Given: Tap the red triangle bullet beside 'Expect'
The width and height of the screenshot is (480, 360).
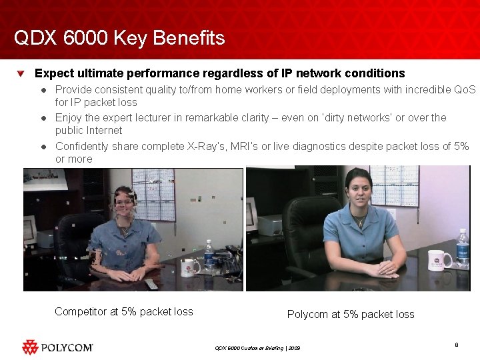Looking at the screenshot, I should coord(22,73).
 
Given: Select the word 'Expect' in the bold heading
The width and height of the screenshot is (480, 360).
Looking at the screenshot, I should coord(54,73).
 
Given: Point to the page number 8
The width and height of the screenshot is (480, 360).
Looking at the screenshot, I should coord(456,345).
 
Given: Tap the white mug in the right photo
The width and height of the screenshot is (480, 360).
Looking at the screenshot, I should coord(439,259).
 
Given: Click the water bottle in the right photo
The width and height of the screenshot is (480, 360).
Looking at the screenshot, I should coord(462,248).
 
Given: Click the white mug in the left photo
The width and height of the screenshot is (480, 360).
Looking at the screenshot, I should coord(191,267).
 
